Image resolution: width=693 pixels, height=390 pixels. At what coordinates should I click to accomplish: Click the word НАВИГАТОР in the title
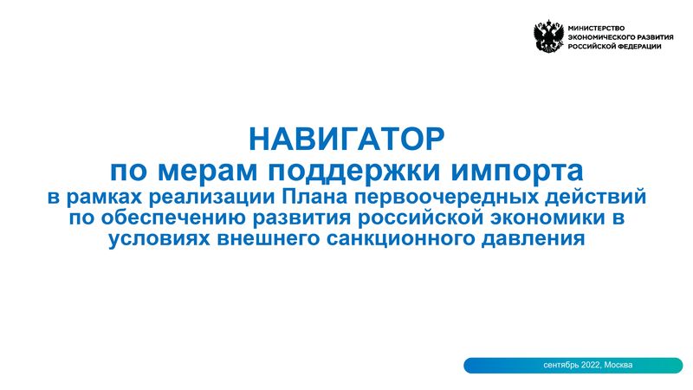(x=346, y=140)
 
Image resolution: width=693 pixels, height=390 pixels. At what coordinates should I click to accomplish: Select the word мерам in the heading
(x=207, y=171)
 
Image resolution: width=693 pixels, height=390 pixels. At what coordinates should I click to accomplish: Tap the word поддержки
(x=354, y=172)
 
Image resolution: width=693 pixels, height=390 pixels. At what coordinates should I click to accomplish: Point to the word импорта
(x=517, y=172)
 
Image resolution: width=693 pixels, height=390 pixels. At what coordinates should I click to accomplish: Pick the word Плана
(x=314, y=198)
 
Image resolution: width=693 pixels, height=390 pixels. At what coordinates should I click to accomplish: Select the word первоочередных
(x=445, y=198)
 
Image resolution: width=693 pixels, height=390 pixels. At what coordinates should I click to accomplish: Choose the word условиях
(x=159, y=239)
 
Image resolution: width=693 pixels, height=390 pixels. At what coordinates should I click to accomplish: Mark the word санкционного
(x=400, y=239)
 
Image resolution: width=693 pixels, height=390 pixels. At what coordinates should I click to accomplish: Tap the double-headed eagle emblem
(x=548, y=36)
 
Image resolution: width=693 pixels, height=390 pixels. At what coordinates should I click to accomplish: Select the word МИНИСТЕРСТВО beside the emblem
(x=596, y=28)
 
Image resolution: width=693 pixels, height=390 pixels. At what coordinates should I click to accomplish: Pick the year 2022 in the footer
(x=591, y=365)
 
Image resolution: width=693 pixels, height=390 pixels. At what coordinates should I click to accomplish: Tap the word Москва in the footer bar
(x=619, y=365)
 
